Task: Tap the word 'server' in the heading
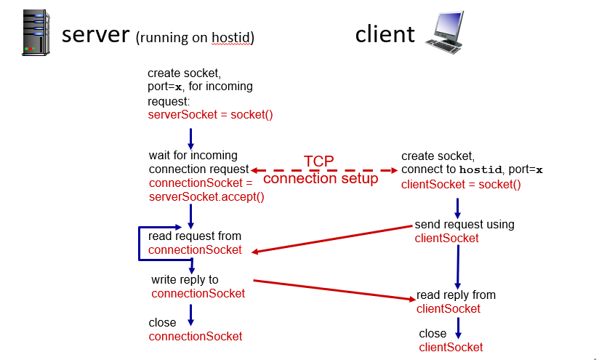click(x=95, y=35)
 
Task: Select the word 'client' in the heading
click(x=385, y=34)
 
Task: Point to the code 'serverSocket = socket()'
click(x=210, y=115)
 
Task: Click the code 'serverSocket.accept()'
click(x=206, y=196)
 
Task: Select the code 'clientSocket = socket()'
click(x=461, y=184)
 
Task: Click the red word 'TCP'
click(x=321, y=161)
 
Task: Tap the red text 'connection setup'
click(x=321, y=178)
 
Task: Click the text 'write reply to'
click(x=185, y=280)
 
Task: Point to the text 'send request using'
click(x=465, y=224)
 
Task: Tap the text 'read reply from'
click(x=456, y=295)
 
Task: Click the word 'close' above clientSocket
click(x=433, y=334)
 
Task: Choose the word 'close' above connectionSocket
click(x=162, y=322)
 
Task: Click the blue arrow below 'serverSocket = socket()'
click(x=191, y=137)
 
